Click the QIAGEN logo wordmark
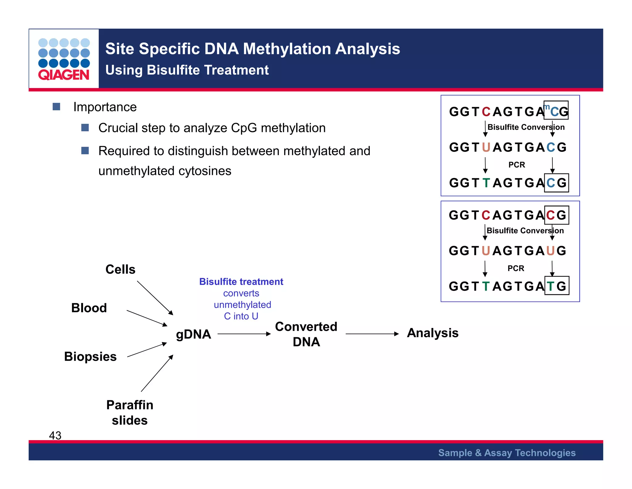tap(64, 75)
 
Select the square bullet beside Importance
tap(56, 107)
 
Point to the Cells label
tap(120, 269)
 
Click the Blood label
tap(89, 308)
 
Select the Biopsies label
tap(90, 356)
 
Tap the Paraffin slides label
tap(130, 412)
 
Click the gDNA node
tap(193, 334)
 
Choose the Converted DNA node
tap(306, 334)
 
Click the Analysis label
tap(433, 333)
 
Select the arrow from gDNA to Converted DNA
tap(244, 334)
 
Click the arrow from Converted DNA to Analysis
tap(372, 334)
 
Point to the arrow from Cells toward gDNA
tap(155, 298)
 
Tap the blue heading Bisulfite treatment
tap(241, 282)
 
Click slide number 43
tap(55, 435)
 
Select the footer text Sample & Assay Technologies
tap(507, 453)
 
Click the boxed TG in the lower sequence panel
tap(557, 286)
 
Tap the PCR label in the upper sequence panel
tap(517, 165)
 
